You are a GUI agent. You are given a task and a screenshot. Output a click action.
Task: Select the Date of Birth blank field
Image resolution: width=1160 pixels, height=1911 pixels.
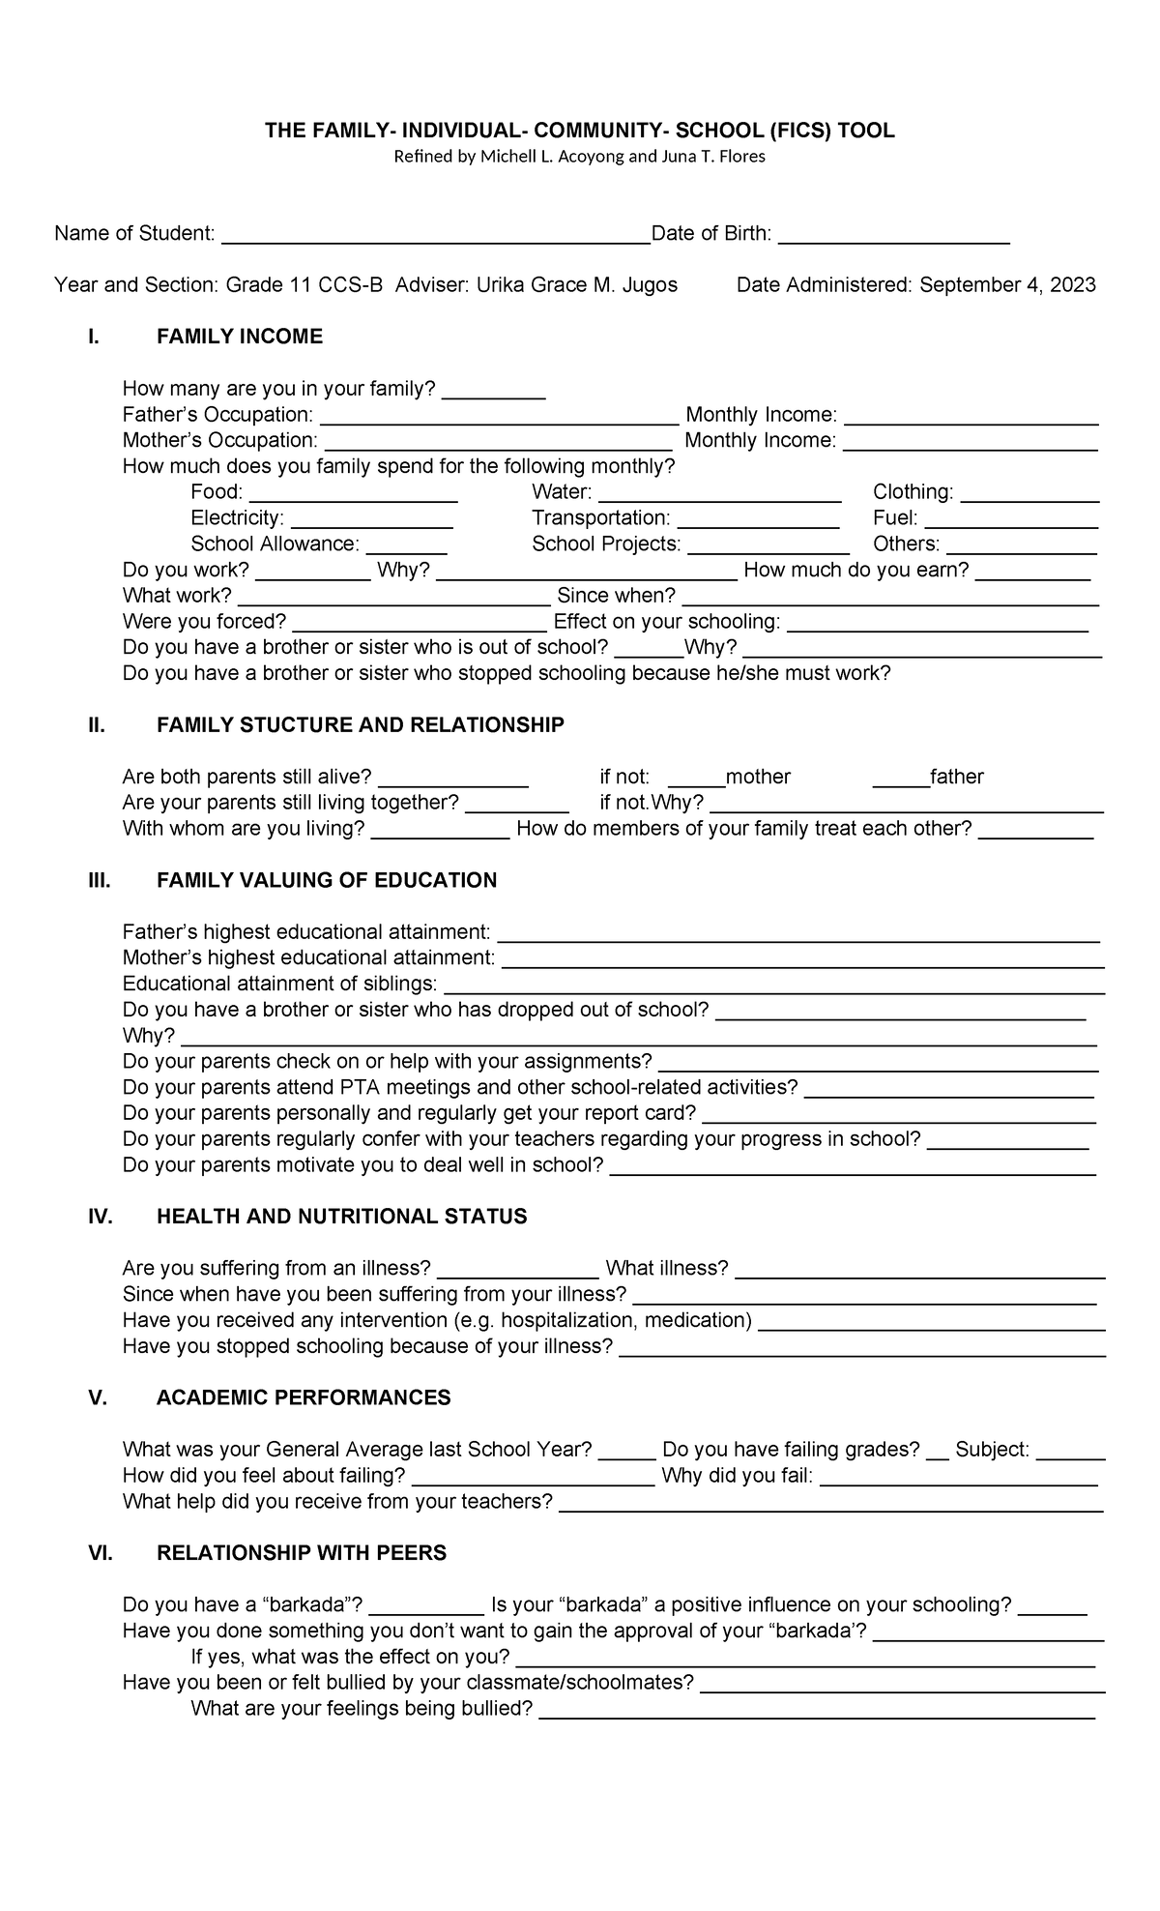(x=893, y=236)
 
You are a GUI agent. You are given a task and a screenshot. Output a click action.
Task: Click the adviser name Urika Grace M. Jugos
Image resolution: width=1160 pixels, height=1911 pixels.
(x=577, y=284)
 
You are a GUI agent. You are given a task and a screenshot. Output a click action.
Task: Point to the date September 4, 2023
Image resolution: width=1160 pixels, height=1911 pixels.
(x=1007, y=284)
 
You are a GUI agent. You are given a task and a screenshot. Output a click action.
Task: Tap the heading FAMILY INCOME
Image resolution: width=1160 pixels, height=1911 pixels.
(x=239, y=337)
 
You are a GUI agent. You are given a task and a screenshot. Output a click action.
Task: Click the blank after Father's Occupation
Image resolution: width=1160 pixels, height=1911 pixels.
(x=499, y=418)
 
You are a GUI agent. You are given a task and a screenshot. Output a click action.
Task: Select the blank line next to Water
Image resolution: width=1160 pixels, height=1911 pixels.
(x=719, y=495)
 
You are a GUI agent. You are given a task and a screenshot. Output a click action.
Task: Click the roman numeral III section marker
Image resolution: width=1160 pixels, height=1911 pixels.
(x=99, y=880)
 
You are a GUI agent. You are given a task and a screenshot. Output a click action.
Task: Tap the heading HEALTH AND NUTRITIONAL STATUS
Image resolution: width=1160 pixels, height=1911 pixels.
(x=341, y=1217)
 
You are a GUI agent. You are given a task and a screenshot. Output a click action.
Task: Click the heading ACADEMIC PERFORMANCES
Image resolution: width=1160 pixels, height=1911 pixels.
(x=304, y=1397)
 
